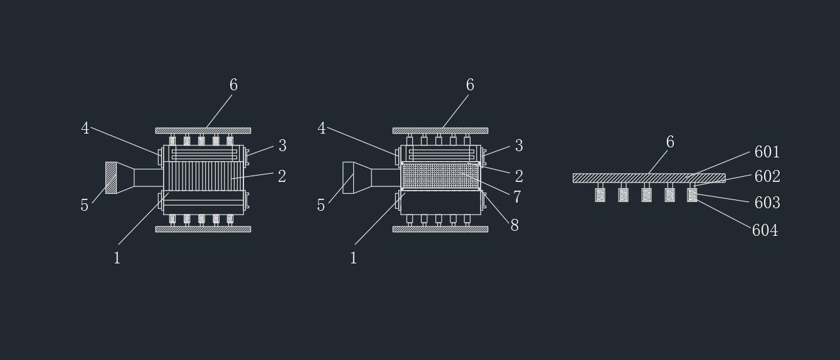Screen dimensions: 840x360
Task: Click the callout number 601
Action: coord(767,152)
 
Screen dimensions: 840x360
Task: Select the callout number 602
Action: coord(767,176)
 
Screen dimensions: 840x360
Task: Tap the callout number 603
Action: coord(767,203)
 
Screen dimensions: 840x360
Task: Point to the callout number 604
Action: coord(765,230)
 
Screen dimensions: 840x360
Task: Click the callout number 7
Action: coord(517,196)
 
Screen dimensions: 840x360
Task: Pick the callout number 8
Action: coord(514,225)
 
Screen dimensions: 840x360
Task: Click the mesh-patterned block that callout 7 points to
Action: coord(440,176)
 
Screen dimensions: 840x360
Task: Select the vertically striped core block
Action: coord(203,176)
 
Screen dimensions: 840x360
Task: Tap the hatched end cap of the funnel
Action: coord(111,177)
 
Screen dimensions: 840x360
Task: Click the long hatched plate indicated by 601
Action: coord(649,178)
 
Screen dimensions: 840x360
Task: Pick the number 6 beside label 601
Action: coord(670,142)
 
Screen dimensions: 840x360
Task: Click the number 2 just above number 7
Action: coord(519,176)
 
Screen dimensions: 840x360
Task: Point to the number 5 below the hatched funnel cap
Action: coord(84,205)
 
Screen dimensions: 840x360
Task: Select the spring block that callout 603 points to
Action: coord(692,195)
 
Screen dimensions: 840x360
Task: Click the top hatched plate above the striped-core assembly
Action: coord(203,130)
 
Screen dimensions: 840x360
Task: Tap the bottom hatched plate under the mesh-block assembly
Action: coord(440,229)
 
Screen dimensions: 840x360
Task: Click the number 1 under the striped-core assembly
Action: coord(117,258)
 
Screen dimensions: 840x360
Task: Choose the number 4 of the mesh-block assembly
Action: coord(321,128)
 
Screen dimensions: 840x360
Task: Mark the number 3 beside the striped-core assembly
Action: coord(283,146)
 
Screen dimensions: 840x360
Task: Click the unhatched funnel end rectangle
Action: coord(348,177)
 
